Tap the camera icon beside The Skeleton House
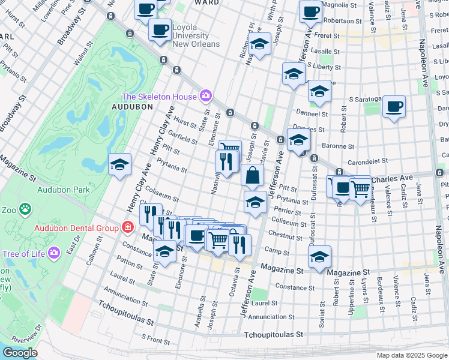click(x=206, y=96)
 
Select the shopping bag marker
click(x=253, y=176)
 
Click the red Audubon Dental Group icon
click(x=127, y=227)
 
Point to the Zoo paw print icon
click(x=25, y=209)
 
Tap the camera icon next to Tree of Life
click(x=55, y=253)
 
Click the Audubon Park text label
click(x=63, y=190)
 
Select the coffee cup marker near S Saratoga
click(x=393, y=106)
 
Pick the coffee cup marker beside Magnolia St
click(x=310, y=11)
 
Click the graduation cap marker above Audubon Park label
click(x=119, y=164)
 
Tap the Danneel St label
click(x=313, y=113)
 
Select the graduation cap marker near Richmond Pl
click(x=259, y=44)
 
